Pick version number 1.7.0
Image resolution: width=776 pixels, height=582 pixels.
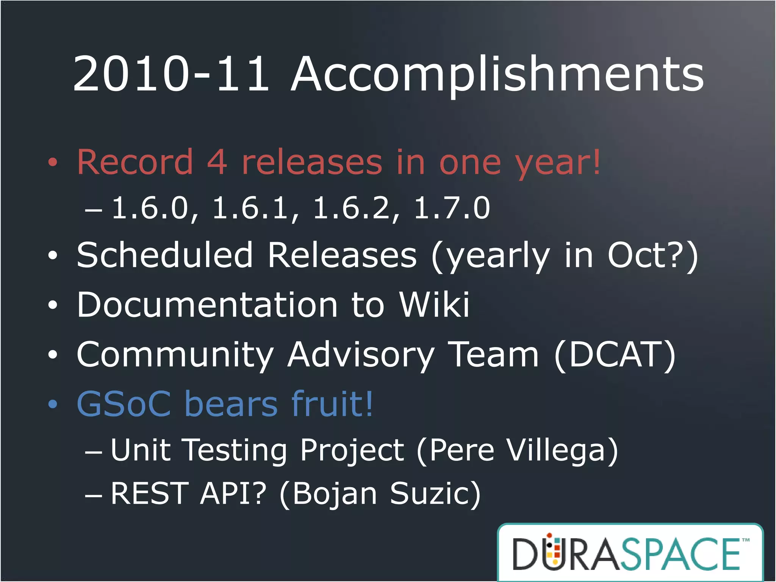point(452,208)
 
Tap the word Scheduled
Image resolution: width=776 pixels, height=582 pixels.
point(165,255)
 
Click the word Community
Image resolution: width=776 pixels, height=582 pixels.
point(175,355)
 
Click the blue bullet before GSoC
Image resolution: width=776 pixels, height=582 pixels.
point(53,404)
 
